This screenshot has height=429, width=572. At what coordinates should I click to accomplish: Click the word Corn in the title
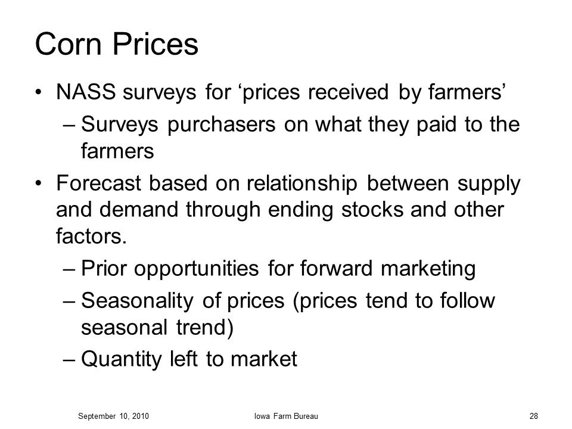[68, 44]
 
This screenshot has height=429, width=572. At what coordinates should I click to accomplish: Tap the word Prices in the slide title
[156, 44]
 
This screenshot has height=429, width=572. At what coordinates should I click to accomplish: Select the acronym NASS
[86, 92]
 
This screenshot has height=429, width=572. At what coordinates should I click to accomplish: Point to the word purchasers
[222, 124]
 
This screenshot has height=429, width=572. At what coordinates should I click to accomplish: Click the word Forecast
[98, 183]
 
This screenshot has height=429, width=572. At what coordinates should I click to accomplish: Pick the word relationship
[302, 184]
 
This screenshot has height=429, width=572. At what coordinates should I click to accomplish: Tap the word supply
[489, 184]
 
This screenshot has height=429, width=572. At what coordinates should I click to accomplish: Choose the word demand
[138, 210]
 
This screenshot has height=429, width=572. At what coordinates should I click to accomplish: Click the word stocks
[372, 210]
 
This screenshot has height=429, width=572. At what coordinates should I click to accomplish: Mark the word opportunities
[196, 269]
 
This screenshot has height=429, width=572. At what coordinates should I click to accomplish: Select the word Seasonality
[137, 301]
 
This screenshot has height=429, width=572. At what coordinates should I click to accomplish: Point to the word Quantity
[121, 359]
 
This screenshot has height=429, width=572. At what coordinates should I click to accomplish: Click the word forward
[336, 269]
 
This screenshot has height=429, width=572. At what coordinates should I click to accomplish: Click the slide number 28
[534, 416]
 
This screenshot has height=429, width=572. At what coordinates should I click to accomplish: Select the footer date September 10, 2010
[113, 416]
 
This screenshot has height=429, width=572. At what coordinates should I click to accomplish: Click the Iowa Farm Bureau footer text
[286, 416]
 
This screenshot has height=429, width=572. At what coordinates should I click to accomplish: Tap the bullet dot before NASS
[39, 92]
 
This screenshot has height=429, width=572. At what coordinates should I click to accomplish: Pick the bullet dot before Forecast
[39, 184]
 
